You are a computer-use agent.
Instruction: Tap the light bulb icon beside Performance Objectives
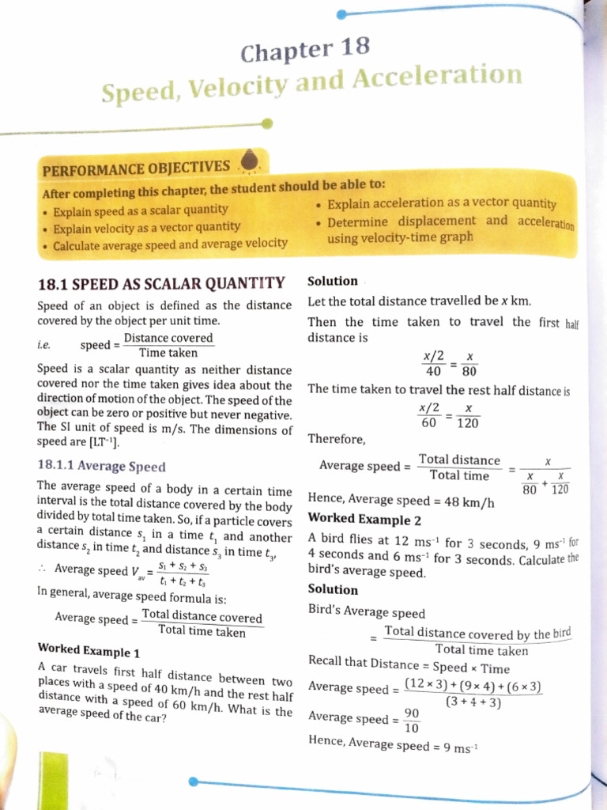(251, 161)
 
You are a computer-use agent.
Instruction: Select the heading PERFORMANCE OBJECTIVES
(136, 168)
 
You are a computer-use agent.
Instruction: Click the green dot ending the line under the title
(267, 123)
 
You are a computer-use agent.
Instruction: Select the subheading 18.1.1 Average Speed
(101, 466)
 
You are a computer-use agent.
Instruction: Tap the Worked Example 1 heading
(89, 652)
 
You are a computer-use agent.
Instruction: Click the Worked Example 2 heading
(364, 520)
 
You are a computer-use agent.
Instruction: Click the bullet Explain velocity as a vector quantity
(146, 227)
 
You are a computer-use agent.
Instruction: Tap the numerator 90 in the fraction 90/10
(412, 712)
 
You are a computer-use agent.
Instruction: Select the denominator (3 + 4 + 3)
(473, 701)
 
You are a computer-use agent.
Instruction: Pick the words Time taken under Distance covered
(168, 353)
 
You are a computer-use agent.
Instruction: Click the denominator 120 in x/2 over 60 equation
(468, 423)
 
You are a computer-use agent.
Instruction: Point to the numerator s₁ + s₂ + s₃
(183, 566)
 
